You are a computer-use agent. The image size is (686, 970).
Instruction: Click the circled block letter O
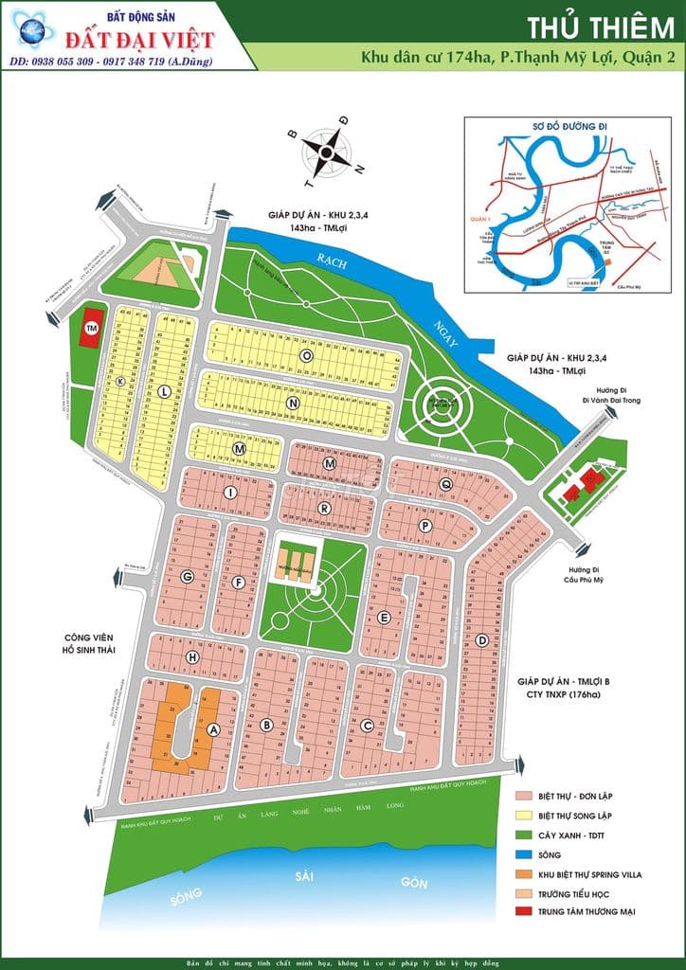tap(306, 355)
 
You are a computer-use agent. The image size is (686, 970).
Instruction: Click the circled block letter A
tap(213, 729)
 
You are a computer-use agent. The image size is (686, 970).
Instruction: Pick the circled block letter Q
tap(445, 484)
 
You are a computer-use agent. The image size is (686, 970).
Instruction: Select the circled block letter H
tap(192, 656)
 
